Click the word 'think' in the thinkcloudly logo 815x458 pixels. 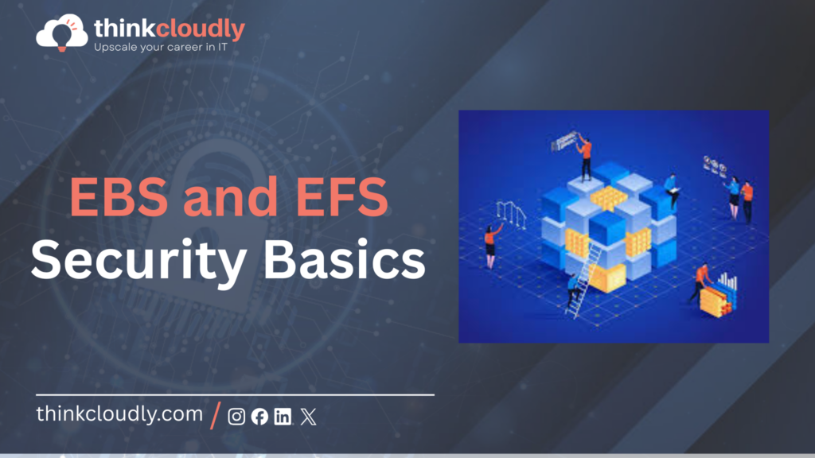[119, 29]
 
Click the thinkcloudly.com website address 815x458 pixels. [119, 415]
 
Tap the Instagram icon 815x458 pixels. [236, 417]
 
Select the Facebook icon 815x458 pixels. [259, 417]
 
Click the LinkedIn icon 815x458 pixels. [283, 417]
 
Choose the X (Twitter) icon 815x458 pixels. [308, 417]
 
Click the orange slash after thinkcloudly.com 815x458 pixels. [216, 415]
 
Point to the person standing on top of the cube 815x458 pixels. [586, 156]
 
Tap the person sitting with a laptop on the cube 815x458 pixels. [671, 191]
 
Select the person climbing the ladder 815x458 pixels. [572, 289]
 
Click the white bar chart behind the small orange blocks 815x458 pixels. [727, 284]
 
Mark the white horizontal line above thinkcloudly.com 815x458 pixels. [235, 394]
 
